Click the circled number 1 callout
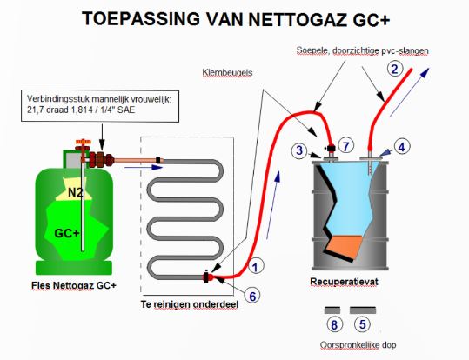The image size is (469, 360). (x=255, y=266)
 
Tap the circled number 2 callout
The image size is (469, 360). (x=395, y=69)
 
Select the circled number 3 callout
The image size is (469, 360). (x=299, y=150)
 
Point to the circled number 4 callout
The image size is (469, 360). (x=401, y=146)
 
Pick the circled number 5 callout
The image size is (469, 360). (x=362, y=324)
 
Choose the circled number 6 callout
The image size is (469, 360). (x=252, y=296)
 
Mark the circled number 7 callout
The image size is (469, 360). (x=346, y=146)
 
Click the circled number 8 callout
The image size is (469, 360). (x=334, y=324)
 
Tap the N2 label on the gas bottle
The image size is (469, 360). (x=75, y=192)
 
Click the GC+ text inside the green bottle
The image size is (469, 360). (x=67, y=233)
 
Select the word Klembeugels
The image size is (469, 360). (x=227, y=73)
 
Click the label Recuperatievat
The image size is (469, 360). (x=344, y=282)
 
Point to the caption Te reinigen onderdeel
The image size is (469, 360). (x=190, y=304)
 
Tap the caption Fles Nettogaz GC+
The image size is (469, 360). (x=74, y=285)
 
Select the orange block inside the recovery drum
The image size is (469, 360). (x=345, y=246)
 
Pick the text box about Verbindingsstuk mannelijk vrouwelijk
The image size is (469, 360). (x=100, y=106)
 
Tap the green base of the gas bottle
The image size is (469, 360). (x=74, y=268)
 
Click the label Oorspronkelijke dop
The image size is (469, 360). (x=358, y=345)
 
